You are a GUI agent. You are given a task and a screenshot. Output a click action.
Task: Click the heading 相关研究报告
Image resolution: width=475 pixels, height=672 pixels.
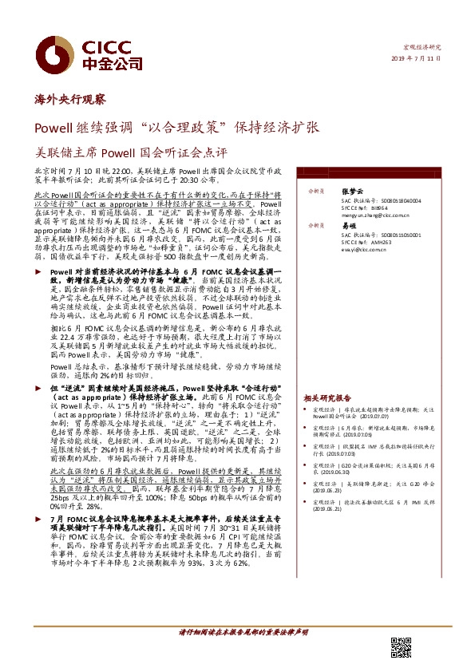(327, 397)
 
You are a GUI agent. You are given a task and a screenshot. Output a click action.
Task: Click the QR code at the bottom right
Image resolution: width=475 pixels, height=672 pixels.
(401, 646)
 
